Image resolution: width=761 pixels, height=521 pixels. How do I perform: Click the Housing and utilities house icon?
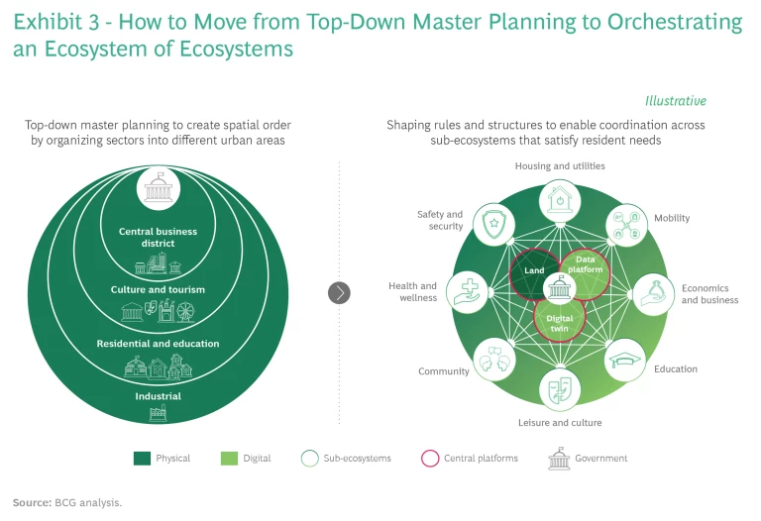click(x=559, y=197)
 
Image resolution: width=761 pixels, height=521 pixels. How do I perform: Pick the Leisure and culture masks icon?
click(x=559, y=388)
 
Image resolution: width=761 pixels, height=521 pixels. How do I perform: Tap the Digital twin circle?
click(x=560, y=318)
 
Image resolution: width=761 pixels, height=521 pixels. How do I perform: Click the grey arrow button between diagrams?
click(x=339, y=292)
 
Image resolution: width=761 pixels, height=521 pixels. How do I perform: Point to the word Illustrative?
click(x=675, y=101)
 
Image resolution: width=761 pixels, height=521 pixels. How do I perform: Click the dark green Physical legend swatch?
click(x=141, y=459)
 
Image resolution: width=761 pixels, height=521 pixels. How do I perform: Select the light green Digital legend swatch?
click(x=227, y=459)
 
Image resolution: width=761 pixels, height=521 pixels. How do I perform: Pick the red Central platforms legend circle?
click(x=429, y=459)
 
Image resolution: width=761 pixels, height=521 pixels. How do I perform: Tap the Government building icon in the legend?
click(x=557, y=459)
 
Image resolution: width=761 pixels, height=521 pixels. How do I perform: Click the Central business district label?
click(x=158, y=238)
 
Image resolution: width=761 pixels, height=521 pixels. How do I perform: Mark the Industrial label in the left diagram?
click(x=158, y=396)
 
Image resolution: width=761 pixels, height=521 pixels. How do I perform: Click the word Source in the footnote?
click(x=30, y=503)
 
